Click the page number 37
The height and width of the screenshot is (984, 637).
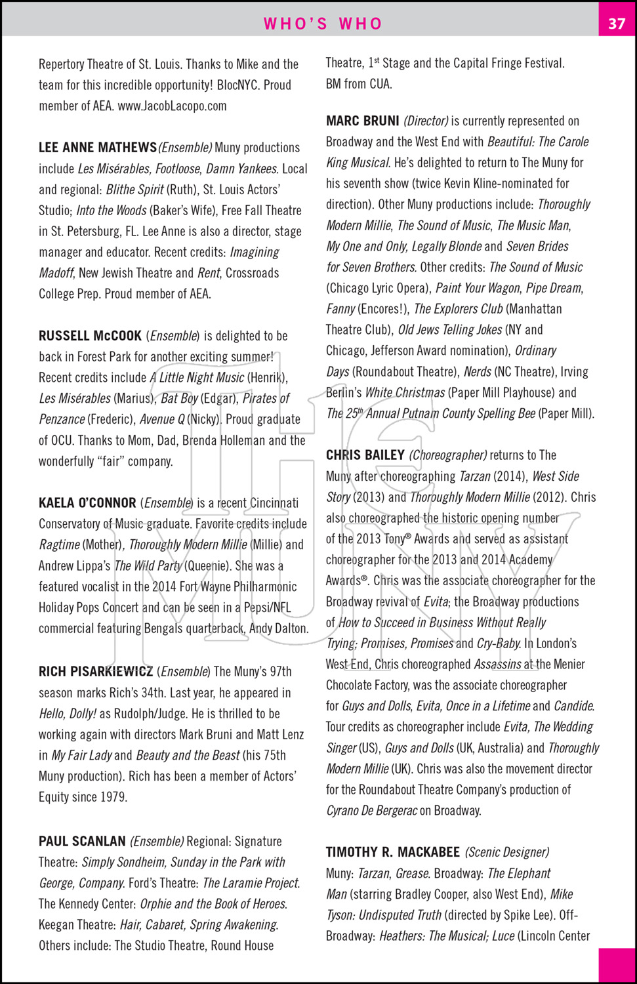click(x=617, y=24)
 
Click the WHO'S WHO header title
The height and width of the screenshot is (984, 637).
click(x=323, y=24)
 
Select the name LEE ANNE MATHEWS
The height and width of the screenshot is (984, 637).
click(x=98, y=148)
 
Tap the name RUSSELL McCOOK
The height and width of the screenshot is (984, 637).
click(x=90, y=336)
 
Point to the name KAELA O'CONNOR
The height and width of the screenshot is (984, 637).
click(x=87, y=503)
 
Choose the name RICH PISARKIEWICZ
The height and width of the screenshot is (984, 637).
click(x=96, y=672)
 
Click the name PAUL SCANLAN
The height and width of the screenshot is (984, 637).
click(x=82, y=841)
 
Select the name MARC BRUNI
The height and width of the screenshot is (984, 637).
click(x=362, y=121)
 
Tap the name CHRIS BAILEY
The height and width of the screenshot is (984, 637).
click(x=365, y=455)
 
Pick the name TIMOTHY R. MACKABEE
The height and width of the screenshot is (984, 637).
click(x=392, y=852)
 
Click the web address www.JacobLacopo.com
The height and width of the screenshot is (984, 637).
click(x=172, y=106)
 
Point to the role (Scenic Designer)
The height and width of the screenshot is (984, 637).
click(x=507, y=852)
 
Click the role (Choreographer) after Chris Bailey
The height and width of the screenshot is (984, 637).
click(x=447, y=455)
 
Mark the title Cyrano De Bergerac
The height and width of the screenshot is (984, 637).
click(x=371, y=811)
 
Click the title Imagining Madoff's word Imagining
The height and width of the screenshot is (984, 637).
click(x=255, y=253)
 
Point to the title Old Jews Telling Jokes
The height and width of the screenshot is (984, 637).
click(x=450, y=330)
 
